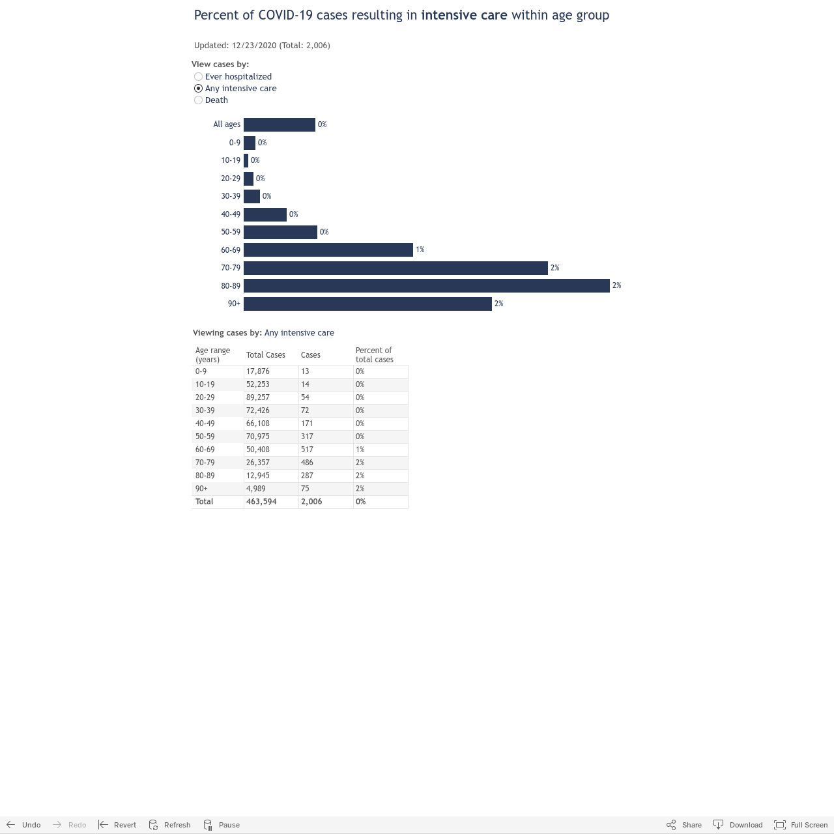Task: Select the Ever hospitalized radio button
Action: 198,77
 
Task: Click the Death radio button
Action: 198,100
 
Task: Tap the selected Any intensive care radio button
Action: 198,89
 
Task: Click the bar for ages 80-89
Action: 426,285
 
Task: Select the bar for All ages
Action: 279,124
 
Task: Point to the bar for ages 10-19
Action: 246,160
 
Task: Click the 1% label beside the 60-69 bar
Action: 420,250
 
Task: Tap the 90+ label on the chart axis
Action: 234,304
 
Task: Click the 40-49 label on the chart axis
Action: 231,214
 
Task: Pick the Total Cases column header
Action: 266,355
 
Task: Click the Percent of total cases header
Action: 375,355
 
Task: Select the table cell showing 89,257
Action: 271,397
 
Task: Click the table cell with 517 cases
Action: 326,449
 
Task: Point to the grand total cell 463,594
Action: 271,502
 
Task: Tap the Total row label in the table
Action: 205,502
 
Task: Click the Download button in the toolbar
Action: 738,824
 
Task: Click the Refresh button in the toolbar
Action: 169,824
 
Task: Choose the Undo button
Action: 23,824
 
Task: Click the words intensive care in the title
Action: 464,15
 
